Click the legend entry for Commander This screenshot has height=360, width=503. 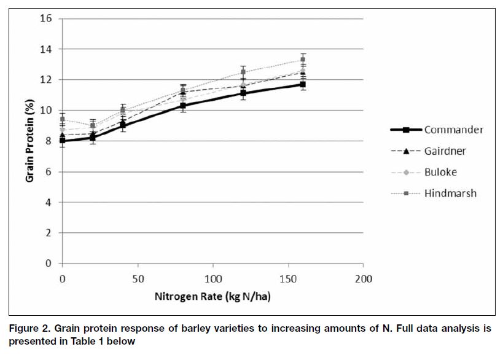pyautogui.click(x=454, y=130)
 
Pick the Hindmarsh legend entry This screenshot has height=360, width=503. pyautogui.click(x=450, y=193)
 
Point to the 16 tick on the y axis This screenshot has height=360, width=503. pyautogui.click(x=46, y=18)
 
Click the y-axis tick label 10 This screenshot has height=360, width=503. pyautogui.click(x=46, y=111)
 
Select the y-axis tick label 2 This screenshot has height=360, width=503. pyautogui.click(x=49, y=233)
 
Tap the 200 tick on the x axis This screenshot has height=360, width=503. pyautogui.click(x=364, y=279)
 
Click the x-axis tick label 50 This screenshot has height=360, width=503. pyautogui.click(x=137, y=279)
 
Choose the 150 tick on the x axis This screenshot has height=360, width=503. pyautogui.click(x=288, y=279)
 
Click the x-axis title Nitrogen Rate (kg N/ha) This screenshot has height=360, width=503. pyautogui.click(x=213, y=297)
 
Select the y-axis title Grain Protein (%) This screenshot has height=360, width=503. pyautogui.click(x=29, y=141)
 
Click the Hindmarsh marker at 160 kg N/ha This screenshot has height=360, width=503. pyautogui.click(x=303, y=60)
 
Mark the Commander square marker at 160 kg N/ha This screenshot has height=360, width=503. pyautogui.click(x=303, y=84)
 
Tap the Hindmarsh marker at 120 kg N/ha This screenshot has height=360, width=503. pyautogui.click(x=243, y=72)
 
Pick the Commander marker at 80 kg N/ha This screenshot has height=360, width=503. pyautogui.click(x=182, y=106)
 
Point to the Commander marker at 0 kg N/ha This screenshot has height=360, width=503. pyautogui.click(x=62, y=141)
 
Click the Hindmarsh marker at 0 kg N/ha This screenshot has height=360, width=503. pyautogui.click(x=62, y=119)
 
